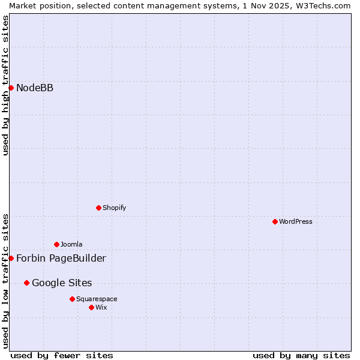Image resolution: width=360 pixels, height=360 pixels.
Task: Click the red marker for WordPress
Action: click(275, 221)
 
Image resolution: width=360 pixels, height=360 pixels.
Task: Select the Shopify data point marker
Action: click(98, 208)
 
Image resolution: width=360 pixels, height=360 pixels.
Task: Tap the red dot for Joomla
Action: click(56, 244)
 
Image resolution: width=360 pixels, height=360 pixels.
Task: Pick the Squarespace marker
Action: click(72, 299)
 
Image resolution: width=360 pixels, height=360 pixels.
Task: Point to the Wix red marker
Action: click(91, 307)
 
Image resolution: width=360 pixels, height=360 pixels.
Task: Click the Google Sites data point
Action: click(26, 283)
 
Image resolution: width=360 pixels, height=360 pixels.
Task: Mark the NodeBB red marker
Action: click(11, 88)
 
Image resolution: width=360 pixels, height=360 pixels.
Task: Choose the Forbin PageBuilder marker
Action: click(11, 258)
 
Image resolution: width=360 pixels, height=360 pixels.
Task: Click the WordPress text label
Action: click(296, 221)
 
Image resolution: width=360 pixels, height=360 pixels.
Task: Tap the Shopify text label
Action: click(114, 208)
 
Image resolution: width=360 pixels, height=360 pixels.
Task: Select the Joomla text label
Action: click(71, 244)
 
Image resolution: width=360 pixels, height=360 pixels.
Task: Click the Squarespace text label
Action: click(97, 299)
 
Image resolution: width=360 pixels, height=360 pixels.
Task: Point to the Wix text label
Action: click(101, 307)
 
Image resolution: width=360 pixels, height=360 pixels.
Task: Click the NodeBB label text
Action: click(35, 88)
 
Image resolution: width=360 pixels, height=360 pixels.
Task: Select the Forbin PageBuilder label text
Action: click(61, 259)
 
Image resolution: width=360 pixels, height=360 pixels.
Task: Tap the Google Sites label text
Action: click(62, 283)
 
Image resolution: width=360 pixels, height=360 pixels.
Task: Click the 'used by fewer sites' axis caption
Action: click(62, 355)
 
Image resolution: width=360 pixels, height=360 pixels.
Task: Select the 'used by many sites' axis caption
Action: click(301, 355)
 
